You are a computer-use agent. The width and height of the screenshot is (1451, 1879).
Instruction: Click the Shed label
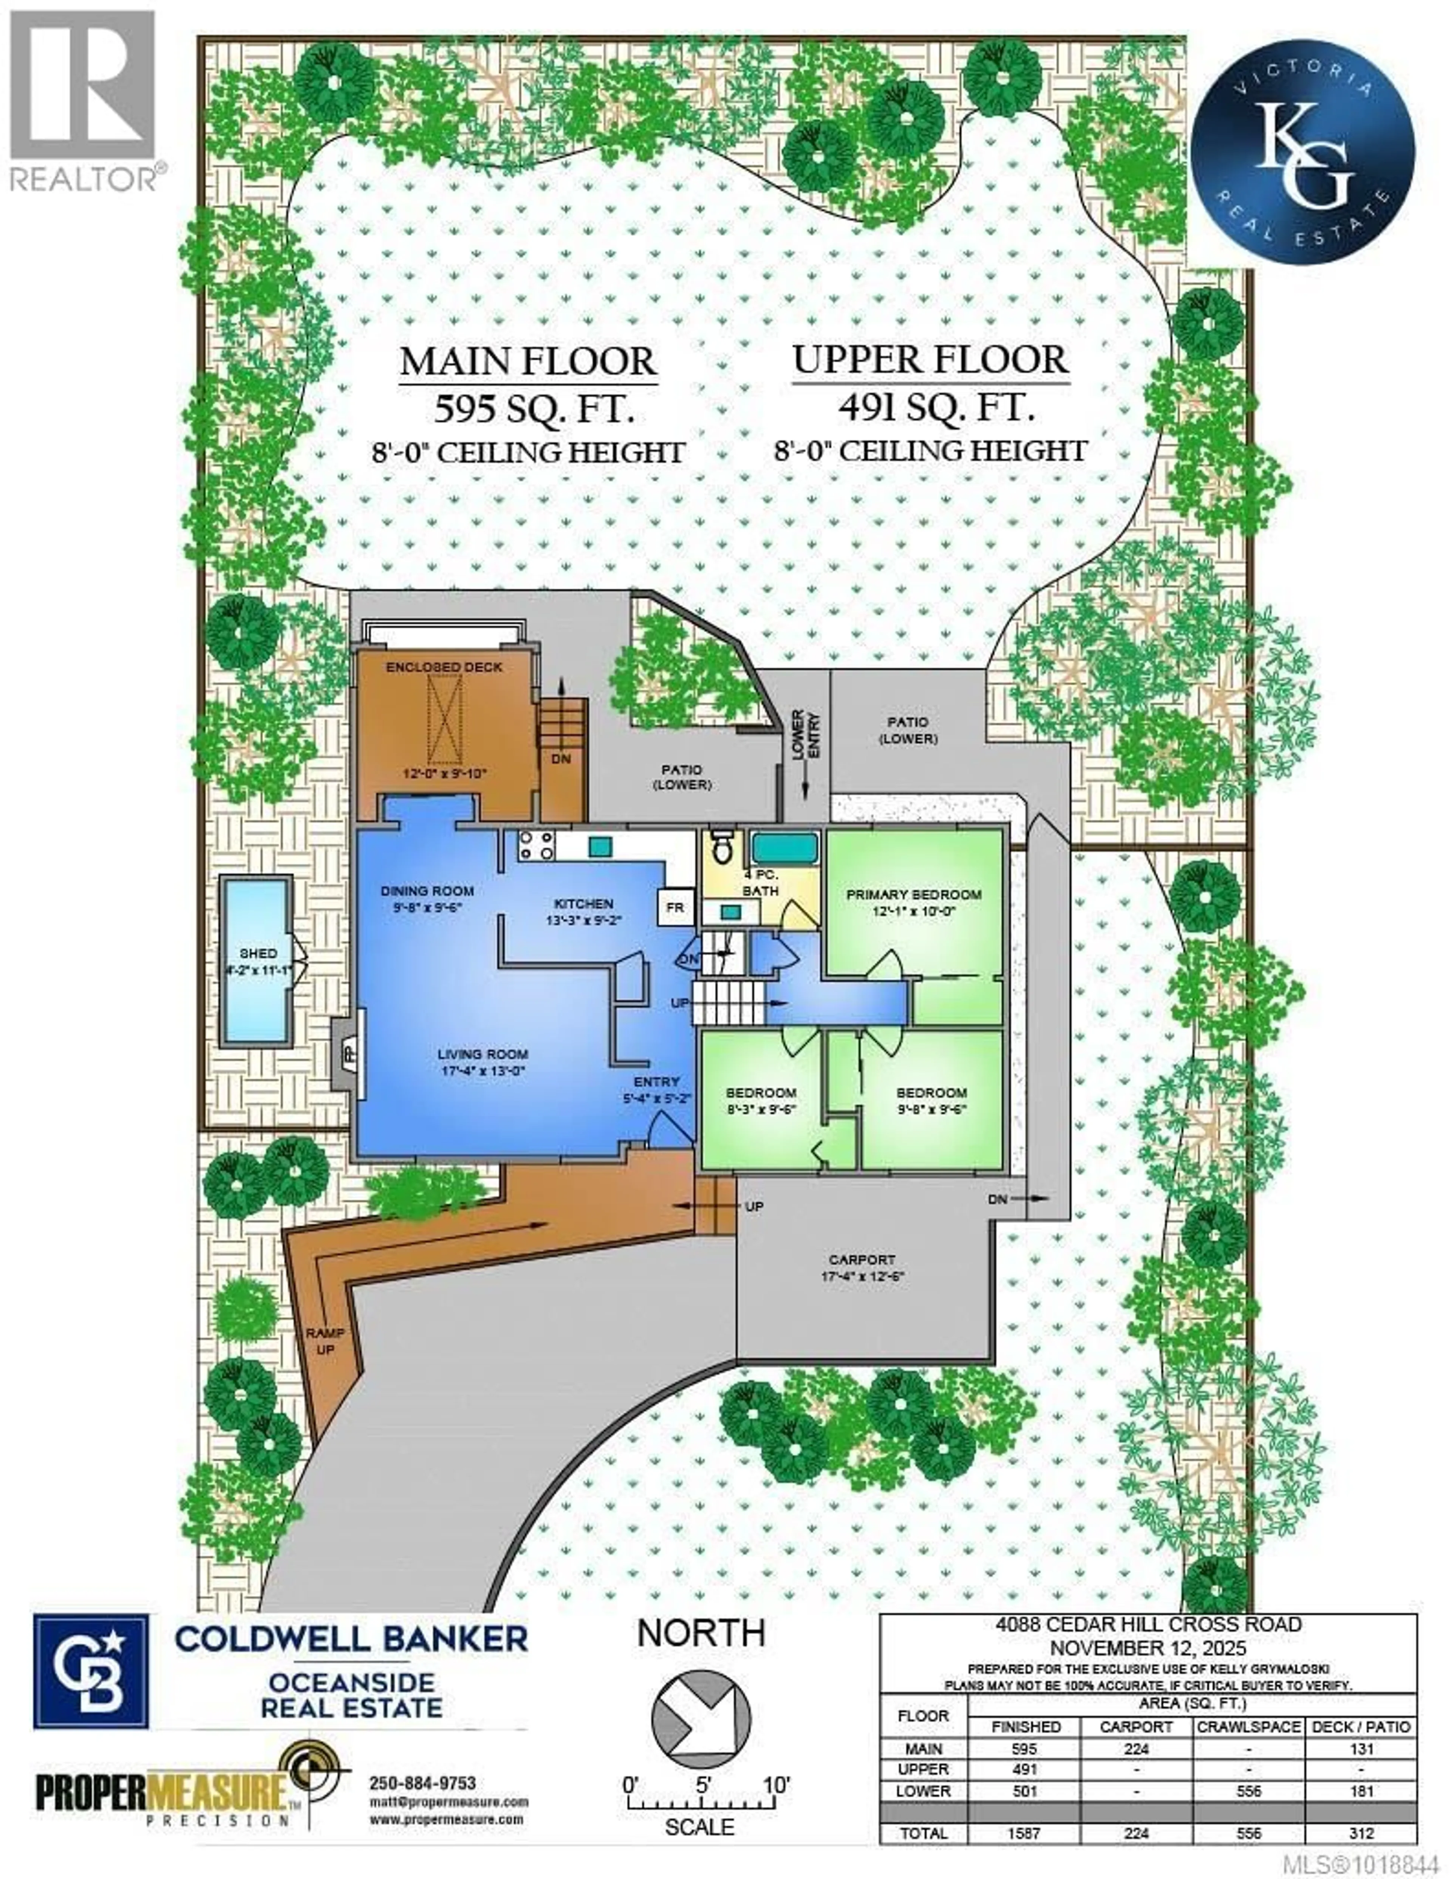tap(258, 953)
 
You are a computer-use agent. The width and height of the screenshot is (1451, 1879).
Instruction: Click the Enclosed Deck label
tap(444, 667)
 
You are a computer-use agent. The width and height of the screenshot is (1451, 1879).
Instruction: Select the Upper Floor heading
tap(931, 359)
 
